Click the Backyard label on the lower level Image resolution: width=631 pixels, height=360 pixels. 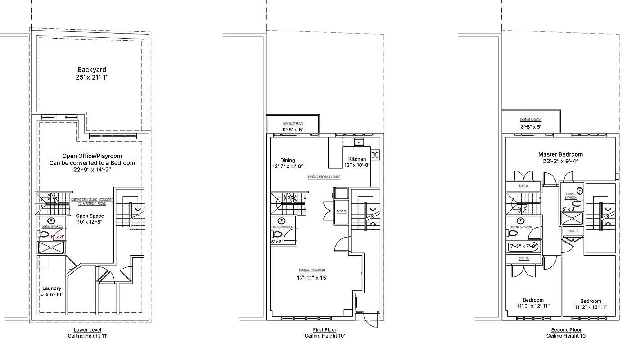point(92,70)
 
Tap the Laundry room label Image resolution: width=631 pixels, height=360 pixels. point(52,288)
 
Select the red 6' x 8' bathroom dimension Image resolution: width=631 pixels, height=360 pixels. point(58,236)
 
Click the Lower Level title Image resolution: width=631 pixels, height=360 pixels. point(87,330)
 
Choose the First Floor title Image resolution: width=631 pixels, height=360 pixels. point(324,330)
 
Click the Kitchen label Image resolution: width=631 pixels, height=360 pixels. point(356,159)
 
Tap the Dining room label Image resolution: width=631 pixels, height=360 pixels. point(288,160)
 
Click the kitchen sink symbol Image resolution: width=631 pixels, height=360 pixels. point(359,143)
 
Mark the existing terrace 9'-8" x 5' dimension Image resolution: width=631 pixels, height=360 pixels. point(293,130)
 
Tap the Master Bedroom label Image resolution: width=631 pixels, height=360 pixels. point(560,154)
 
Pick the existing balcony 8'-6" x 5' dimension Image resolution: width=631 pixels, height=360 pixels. point(531,127)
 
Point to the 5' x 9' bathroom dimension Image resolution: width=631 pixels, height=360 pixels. point(569,208)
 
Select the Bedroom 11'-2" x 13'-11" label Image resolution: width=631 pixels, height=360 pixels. point(590,304)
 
